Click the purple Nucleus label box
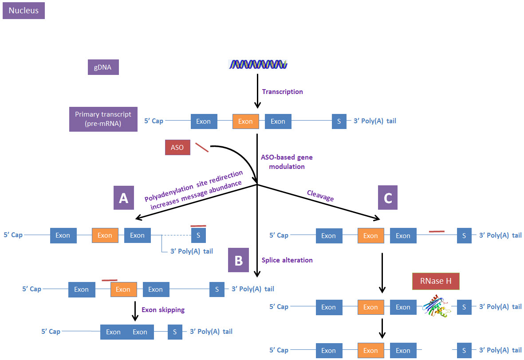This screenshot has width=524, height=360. (24, 11)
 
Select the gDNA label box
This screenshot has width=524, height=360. (103, 67)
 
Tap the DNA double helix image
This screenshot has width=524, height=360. (258, 65)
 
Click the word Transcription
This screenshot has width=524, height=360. (282, 92)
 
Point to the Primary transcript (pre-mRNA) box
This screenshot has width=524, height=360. (103, 118)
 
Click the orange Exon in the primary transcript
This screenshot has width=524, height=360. (245, 121)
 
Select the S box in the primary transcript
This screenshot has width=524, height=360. (339, 121)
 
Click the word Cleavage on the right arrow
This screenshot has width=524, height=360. (320, 196)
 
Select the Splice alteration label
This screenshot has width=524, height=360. (287, 260)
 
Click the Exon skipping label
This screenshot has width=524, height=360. (162, 309)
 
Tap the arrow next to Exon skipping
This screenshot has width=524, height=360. (134, 311)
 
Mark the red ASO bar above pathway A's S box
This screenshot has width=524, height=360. (198, 226)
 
